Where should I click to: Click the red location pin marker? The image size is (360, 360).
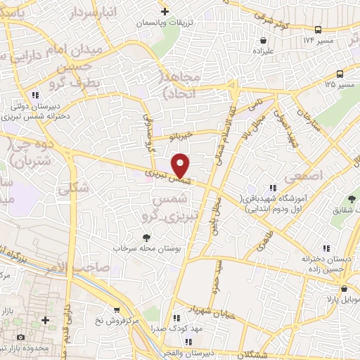pos(181,166)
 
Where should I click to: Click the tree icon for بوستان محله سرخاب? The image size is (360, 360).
pos(146,238)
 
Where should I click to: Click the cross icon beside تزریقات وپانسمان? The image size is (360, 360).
pos(165,11)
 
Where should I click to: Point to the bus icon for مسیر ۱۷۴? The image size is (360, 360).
pos(319,30)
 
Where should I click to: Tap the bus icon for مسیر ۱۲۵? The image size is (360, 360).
pos(340,74)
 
